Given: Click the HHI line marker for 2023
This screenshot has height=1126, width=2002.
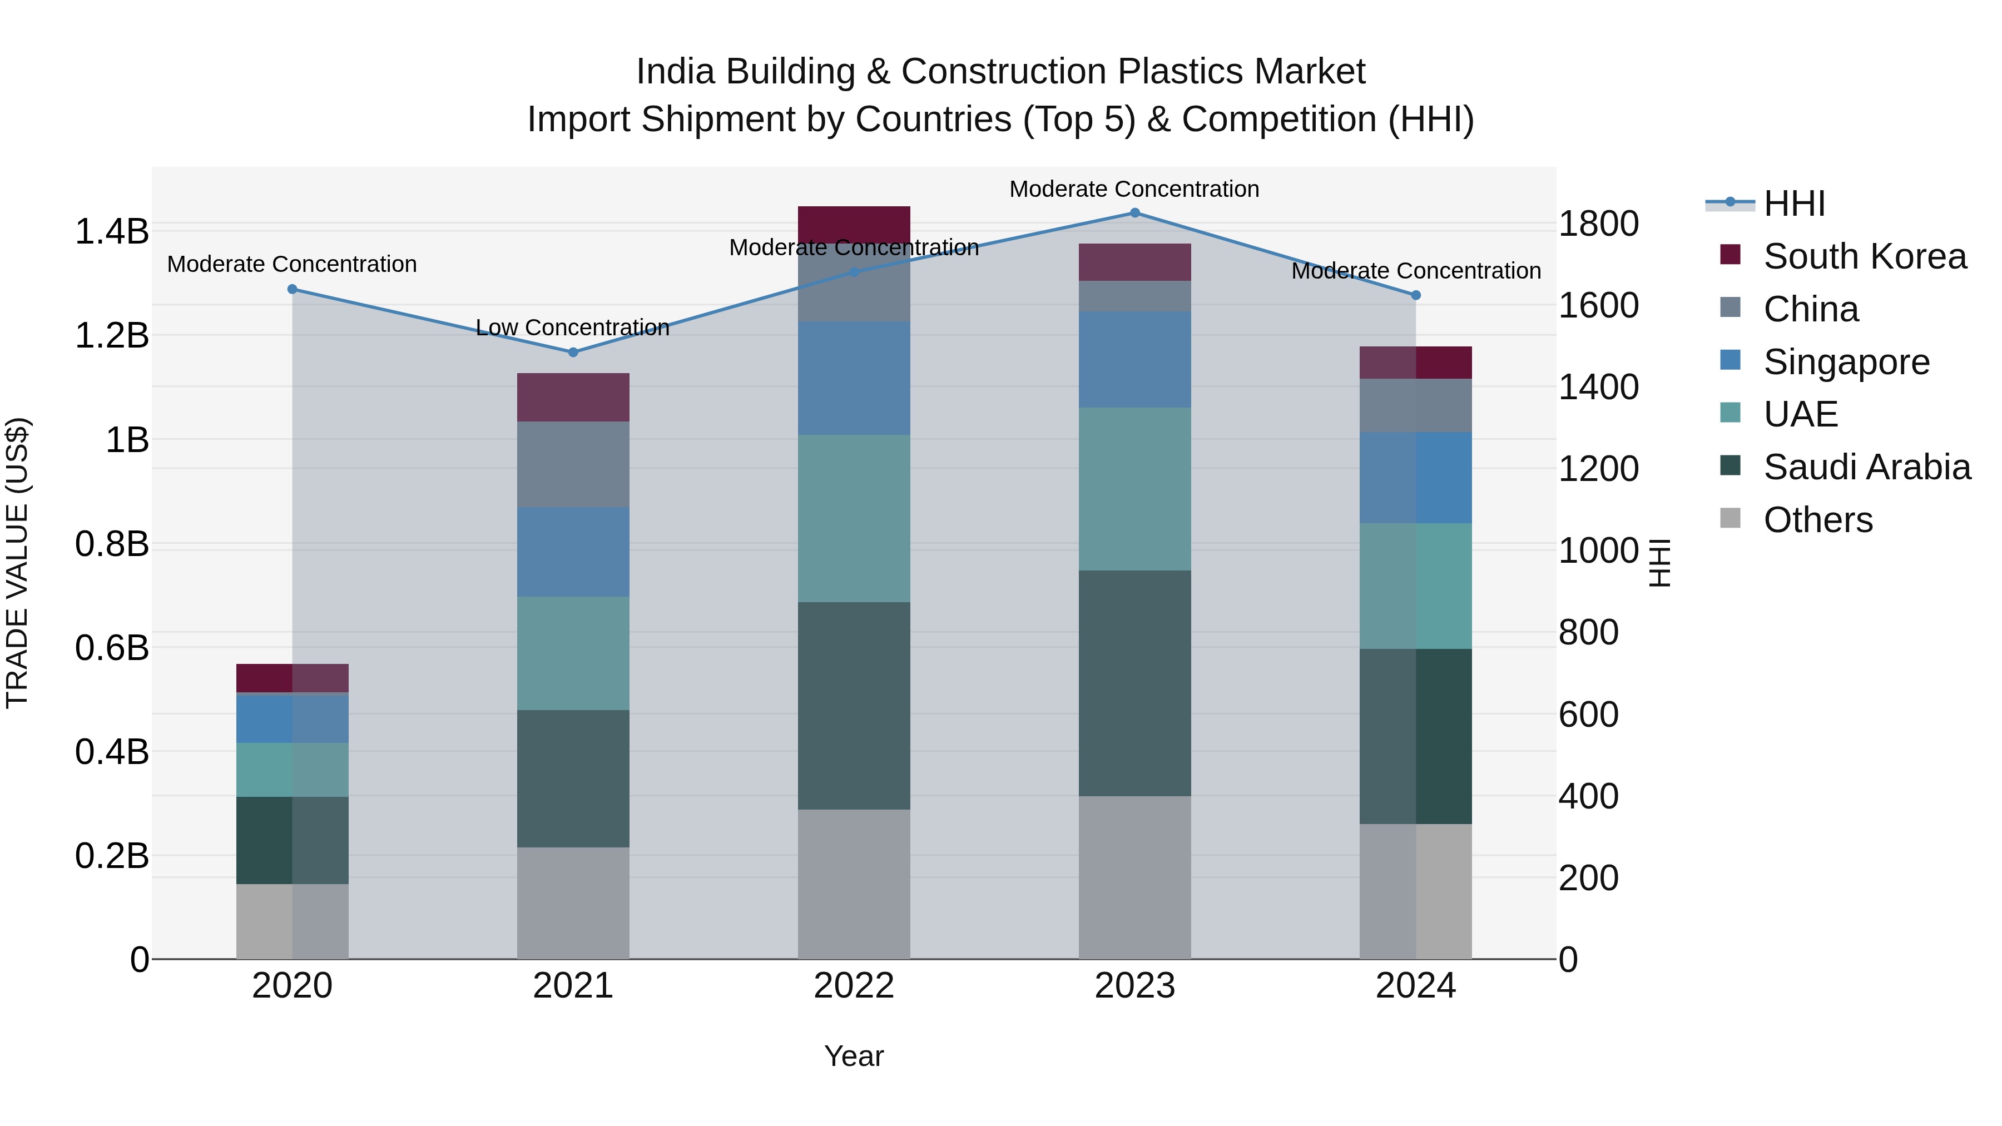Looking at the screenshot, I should click(1134, 213).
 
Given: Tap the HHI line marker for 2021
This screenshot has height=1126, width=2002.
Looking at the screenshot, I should click(573, 352).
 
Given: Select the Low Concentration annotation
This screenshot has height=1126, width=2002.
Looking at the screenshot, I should click(572, 328).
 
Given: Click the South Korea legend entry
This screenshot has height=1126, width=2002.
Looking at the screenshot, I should click(1864, 256).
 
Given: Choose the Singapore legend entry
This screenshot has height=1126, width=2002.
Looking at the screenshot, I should click(1846, 362).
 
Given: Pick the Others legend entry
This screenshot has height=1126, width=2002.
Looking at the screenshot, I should click(1817, 520).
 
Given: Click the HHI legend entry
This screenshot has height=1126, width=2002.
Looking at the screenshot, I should click(1793, 204).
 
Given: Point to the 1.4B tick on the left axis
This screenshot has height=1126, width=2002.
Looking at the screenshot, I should click(112, 231).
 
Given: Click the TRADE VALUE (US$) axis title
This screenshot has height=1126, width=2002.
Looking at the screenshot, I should click(17, 563).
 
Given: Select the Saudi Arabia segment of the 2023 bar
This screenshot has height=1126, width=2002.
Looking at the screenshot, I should click(1134, 682).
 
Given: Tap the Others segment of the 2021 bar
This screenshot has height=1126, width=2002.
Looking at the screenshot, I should click(573, 902).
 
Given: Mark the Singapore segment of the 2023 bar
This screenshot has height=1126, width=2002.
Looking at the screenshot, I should click(1134, 359).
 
